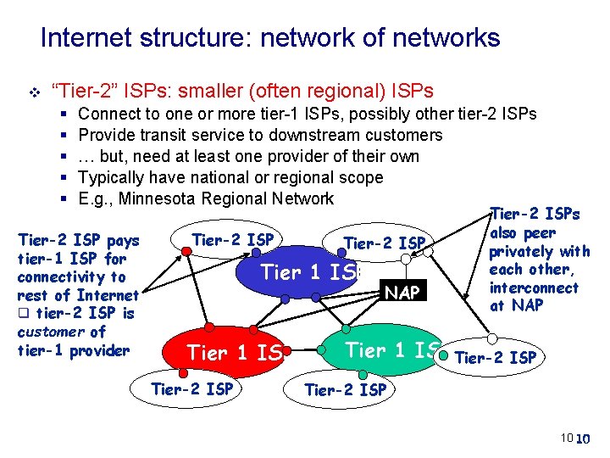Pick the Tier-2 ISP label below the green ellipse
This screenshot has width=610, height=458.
pyautogui.click(x=345, y=390)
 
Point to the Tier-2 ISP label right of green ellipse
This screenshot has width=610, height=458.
pyautogui.click(x=496, y=357)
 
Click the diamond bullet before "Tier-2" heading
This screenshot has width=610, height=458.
pyautogui.click(x=33, y=91)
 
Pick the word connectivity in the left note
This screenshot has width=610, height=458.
pyautogui.click(x=71, y=277)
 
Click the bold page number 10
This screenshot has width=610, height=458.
pyautogui.click(x=583, y=439)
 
